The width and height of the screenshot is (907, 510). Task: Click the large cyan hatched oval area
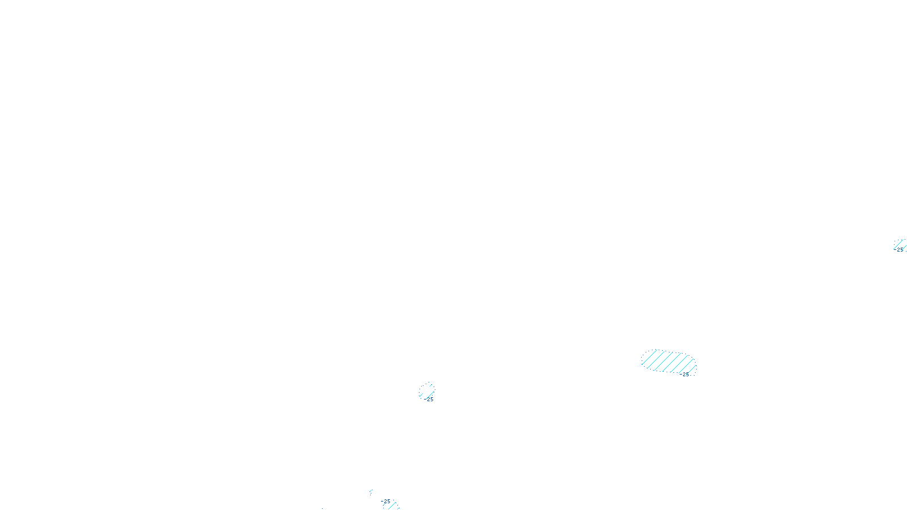coord(668,362)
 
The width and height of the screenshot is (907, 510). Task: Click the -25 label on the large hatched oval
coord(685,374)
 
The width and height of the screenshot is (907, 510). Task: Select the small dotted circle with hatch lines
coord(427,391)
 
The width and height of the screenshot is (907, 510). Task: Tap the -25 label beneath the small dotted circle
coord(429,399)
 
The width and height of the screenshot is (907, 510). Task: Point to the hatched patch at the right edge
coord(900,245)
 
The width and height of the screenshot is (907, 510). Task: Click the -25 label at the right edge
coord(900,250)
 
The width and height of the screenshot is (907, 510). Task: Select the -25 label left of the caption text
coord(386,501)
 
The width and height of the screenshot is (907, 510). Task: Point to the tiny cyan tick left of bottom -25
coord(371,493)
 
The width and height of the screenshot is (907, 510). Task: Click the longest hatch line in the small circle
coord(427,392)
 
